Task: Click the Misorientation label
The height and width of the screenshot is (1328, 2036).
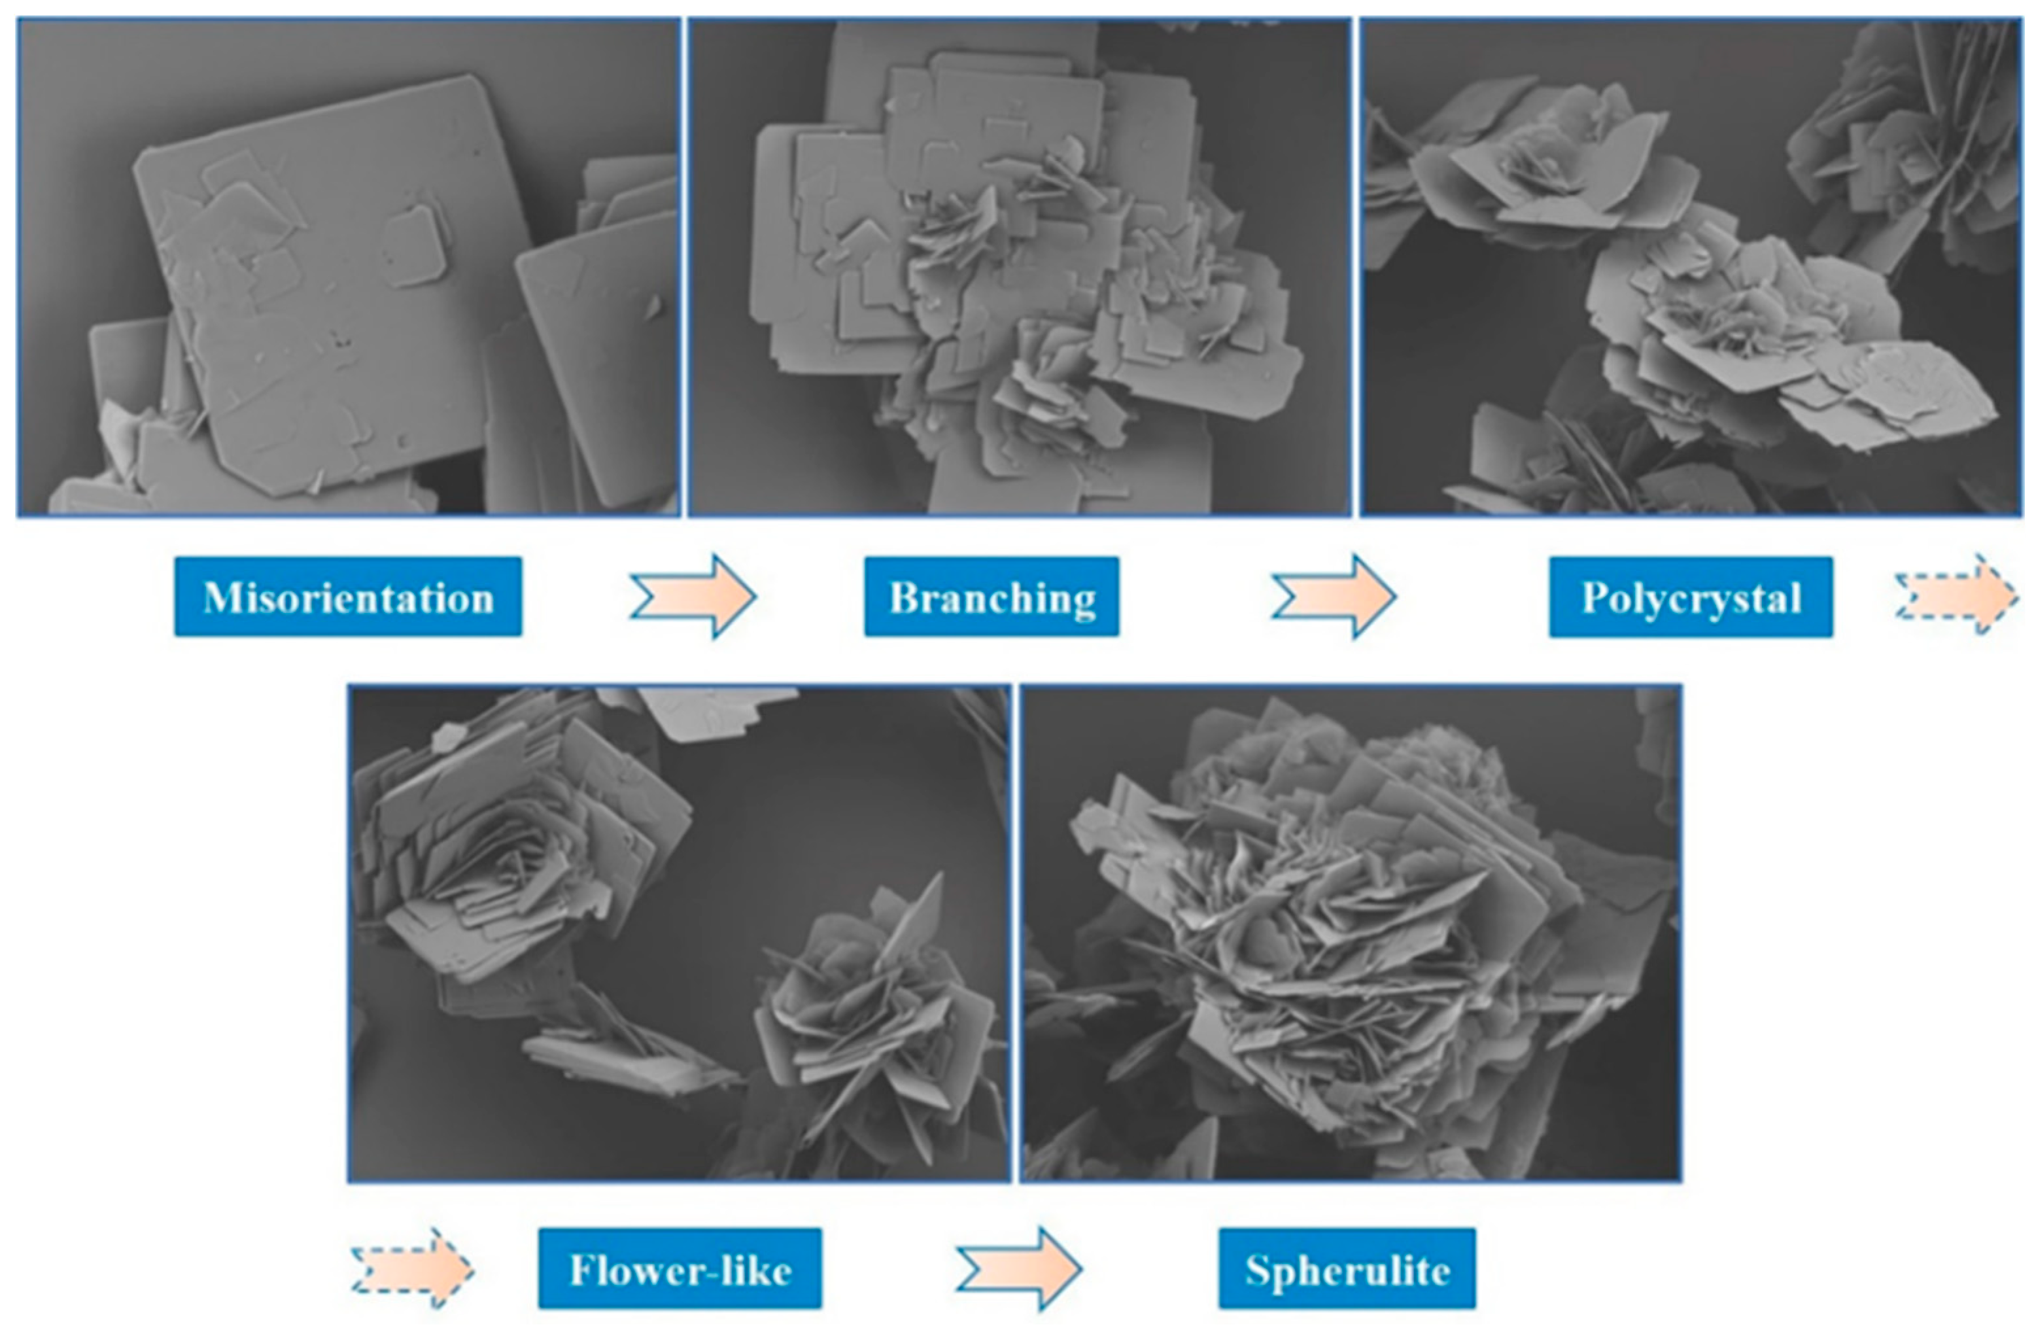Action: (348, 597)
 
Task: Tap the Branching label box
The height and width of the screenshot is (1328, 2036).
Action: (992, 597)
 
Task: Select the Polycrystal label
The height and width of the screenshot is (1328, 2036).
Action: (1691, 597)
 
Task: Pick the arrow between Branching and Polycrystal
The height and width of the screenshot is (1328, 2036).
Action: (1334, 597)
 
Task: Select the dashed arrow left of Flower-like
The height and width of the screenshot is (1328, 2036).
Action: (412, 1268)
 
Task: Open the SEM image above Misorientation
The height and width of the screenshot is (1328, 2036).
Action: (349, 267)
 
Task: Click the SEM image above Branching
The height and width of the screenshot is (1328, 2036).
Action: (1020, 267)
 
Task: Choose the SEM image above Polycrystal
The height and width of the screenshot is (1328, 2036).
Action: (1692, 267)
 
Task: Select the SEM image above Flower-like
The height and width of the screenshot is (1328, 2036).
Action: (680, 934)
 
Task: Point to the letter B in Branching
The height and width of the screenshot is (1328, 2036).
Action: (903, 597)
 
